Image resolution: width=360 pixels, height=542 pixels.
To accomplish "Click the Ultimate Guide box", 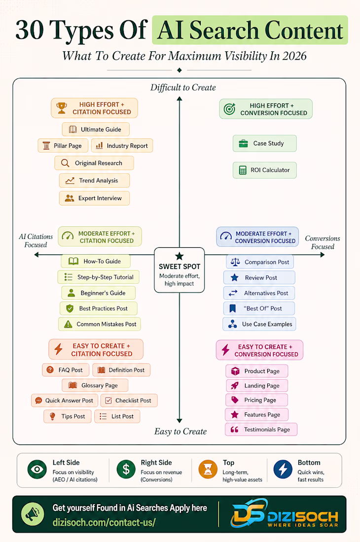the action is point(96,129).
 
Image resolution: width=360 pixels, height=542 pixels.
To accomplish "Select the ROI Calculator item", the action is point(264,170).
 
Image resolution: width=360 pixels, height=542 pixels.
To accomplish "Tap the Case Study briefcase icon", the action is point(244,143).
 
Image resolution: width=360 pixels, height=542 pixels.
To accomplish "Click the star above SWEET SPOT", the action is point(179,256).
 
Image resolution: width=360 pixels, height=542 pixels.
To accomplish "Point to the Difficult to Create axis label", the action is point(183,87).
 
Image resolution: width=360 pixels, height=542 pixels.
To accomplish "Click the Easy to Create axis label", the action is point(180,432).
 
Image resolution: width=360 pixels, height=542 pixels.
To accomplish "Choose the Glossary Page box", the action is point(95,385).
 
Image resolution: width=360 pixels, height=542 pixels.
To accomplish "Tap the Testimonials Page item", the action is point(261,429).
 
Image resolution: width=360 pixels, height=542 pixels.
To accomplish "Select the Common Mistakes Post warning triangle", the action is point(68,324).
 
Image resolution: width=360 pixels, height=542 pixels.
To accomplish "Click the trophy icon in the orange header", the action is point(62,108).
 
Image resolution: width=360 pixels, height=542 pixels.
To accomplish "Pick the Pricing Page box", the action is point(256,400).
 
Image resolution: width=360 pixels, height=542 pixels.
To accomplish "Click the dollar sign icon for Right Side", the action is point(126,470).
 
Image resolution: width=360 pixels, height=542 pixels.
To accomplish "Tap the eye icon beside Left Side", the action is point(37,470).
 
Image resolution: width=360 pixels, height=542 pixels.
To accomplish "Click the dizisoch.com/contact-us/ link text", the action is point(104,522).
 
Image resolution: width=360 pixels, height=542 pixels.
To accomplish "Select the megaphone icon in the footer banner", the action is point(33,514).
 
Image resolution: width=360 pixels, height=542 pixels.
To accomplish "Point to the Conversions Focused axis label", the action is point(323,242).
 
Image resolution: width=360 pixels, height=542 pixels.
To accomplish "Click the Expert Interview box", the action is point(94,198).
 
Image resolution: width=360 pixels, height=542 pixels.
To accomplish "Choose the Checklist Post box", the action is point(129,401).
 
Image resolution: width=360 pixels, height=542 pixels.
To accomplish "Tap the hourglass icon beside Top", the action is point(208,470).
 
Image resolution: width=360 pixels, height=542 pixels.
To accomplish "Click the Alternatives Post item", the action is point(259,293).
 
